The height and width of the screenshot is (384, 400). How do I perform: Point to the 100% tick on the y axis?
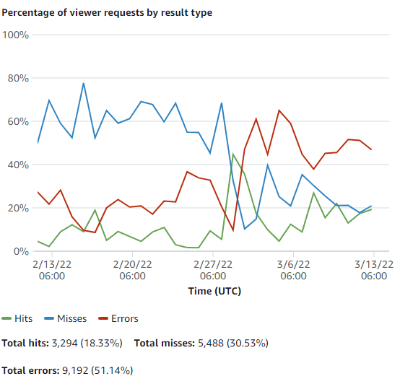15,35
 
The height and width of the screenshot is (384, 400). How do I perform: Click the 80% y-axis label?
17,78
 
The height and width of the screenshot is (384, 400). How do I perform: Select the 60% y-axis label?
17,121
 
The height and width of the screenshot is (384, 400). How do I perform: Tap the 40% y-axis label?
17,165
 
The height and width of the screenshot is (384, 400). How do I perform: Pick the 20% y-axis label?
17,208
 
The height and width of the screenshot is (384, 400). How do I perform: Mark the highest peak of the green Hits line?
233,154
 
